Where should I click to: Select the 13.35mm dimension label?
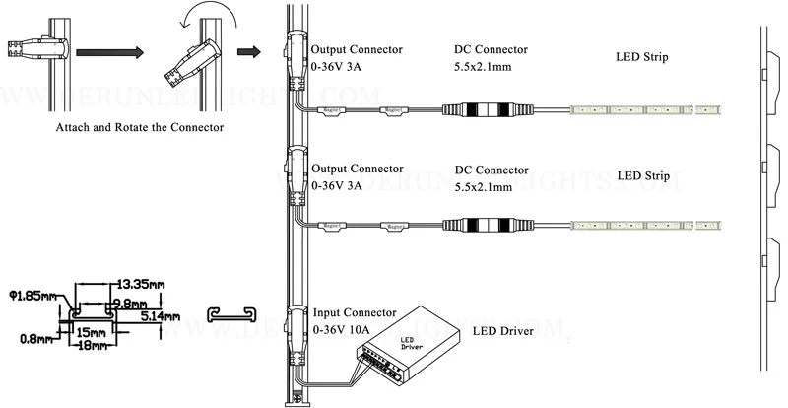click(137, 283)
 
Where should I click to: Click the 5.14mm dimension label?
click(159, 316)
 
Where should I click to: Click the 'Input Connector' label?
click(354, 312)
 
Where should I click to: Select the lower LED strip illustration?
click(646, 224)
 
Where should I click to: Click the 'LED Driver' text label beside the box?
click(502, 331)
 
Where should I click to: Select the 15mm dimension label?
click(91, 333)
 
